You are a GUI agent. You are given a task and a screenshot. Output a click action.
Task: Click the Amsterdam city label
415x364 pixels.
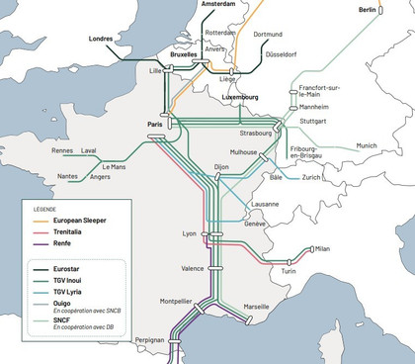coord(222,5)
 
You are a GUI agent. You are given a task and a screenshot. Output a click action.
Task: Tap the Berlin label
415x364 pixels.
coord(369,10)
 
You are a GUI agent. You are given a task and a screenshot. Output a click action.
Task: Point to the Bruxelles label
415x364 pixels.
coord(179,55)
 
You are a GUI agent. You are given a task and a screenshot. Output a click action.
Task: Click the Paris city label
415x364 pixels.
coord(153,125)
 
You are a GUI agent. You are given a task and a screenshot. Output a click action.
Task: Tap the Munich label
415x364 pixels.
coord(367,145)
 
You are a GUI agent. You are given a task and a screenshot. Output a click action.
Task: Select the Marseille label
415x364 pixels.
coord(256,307)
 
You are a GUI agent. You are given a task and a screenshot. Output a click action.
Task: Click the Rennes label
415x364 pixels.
coord(62,150)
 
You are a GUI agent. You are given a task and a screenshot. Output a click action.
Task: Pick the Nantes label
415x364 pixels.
coord(68,176)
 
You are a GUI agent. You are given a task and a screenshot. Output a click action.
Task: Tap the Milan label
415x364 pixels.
coord(321,249)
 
